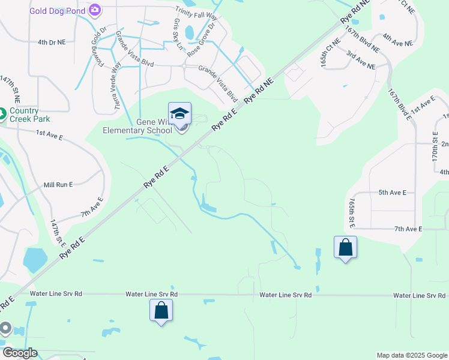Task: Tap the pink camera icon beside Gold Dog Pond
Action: pyautogui.click(x=95, y=10)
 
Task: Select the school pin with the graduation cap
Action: pyautogui.click(x=179, y=113)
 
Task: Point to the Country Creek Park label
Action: pyautogui.click(x=32, y=115)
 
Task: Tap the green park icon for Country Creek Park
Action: pyautogui.click(x=2, y=112)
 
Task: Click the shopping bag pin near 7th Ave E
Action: pyautogui.click(x=346, y=247)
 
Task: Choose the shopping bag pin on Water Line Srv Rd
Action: pyautogui.click(x=161, y=310)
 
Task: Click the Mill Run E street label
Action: pyautogui.click(x=58, y=187)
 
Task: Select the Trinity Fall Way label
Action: pyautogui.click(x=196, y=11)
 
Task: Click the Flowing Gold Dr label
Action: pyautogui.click(x=98, y=49)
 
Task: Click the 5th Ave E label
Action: pyautogui.click(x=393, y=193)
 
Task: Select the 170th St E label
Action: pyautogui.click(x=436, y=151)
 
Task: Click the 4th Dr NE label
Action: pyautogui.click(x=51, y=43)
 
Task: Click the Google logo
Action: pyautogui.click(x=20, y=353)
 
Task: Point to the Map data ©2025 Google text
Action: pyautogui.click(x=411, y=355)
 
